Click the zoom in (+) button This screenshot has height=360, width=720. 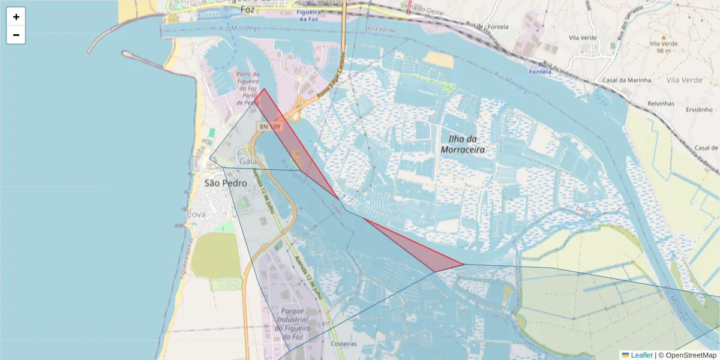pos(16,17)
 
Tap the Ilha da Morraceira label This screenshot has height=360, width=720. pos(462,145)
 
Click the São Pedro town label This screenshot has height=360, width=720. pos(226,183)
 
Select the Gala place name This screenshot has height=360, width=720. pos(248,161)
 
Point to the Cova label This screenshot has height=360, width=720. pos(196,214)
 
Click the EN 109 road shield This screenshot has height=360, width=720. pos(269,127)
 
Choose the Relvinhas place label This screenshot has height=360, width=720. pos(661,103)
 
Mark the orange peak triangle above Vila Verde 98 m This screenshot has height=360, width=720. pos(663,37)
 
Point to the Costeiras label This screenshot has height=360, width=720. pos(343,344)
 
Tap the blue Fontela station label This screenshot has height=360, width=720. pos(539,72)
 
